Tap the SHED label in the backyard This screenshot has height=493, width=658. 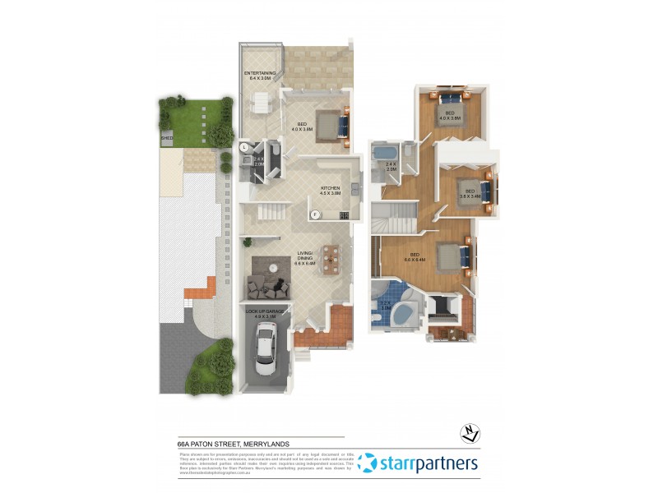tap(167, 139)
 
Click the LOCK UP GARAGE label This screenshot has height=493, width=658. tap(265, 312)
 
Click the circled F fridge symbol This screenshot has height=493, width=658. tap(314, 215)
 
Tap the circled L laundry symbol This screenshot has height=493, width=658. tap(245, 147)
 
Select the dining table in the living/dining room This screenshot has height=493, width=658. tap(331, 260)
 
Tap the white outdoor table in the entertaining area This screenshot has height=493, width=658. tap(260, 103)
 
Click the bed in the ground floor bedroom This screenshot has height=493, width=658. tap(331, 126)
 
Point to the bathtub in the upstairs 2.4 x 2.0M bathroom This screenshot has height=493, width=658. tap(382, 153)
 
